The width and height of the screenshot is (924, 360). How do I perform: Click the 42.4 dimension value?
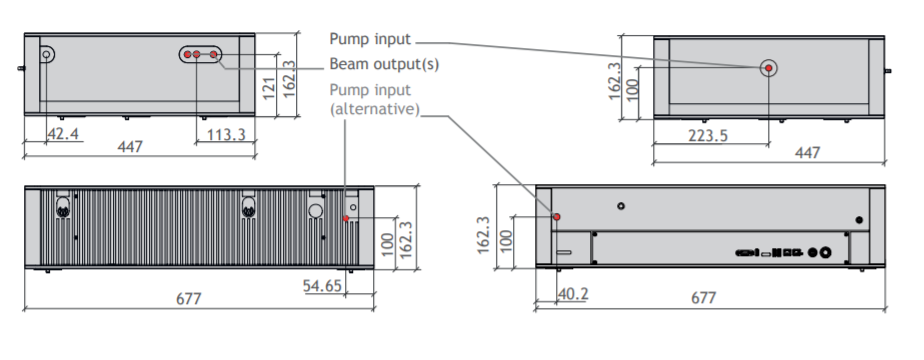[x=63, y=134]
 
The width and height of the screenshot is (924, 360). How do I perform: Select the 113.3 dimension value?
[x=226, y=135]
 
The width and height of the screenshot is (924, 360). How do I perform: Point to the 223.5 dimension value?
[x=708, y=136]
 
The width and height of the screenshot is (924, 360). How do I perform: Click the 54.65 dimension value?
[x=322, y=286]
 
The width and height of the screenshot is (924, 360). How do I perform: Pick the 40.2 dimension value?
[x=573, y=293]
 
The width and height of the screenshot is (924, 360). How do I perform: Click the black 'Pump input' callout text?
[x=369, y=39]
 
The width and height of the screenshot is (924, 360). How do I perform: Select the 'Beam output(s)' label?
[x=384, y=64]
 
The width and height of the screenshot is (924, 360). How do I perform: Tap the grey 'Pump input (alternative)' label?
[x=374, y=100]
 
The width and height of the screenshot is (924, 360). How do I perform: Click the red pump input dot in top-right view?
[x=768, y=68]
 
